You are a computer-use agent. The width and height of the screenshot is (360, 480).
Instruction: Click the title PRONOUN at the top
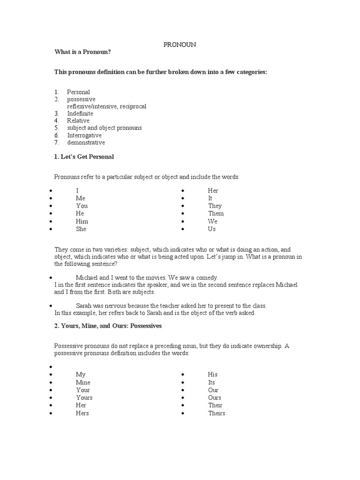click(x=180, y=45)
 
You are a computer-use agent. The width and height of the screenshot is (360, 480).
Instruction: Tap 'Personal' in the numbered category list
click(x=78, y=92)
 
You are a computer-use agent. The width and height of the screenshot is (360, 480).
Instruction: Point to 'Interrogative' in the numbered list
click(x=84, y=135)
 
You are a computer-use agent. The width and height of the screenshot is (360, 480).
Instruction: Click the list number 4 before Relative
click(x=56, y=121)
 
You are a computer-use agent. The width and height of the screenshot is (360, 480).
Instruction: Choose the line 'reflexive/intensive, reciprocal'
click(x=106, y=106)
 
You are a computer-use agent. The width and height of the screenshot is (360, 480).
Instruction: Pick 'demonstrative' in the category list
click(x=86, y=142)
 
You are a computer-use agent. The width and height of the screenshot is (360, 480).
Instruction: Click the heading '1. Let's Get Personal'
click(x=84, y=157)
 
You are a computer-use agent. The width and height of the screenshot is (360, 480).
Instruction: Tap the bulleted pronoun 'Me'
click(x=81, y=198)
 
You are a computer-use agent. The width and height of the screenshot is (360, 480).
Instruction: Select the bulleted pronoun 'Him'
click(x=82, y=221)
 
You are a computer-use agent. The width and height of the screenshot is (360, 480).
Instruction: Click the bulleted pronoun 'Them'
click(x=216, y=214)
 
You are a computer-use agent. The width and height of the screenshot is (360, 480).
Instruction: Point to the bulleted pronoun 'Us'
click(x=212, y=229)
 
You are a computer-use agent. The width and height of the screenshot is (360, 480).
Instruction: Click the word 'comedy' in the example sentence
click(x=207, y=277)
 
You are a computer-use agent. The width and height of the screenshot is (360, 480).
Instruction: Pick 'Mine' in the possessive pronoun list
click(x=83, y=382)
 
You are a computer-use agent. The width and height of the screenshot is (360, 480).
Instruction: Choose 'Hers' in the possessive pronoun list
click(x=82, y=413)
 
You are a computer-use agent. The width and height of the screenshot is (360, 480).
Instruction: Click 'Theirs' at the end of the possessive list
click(x=217, y=413)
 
